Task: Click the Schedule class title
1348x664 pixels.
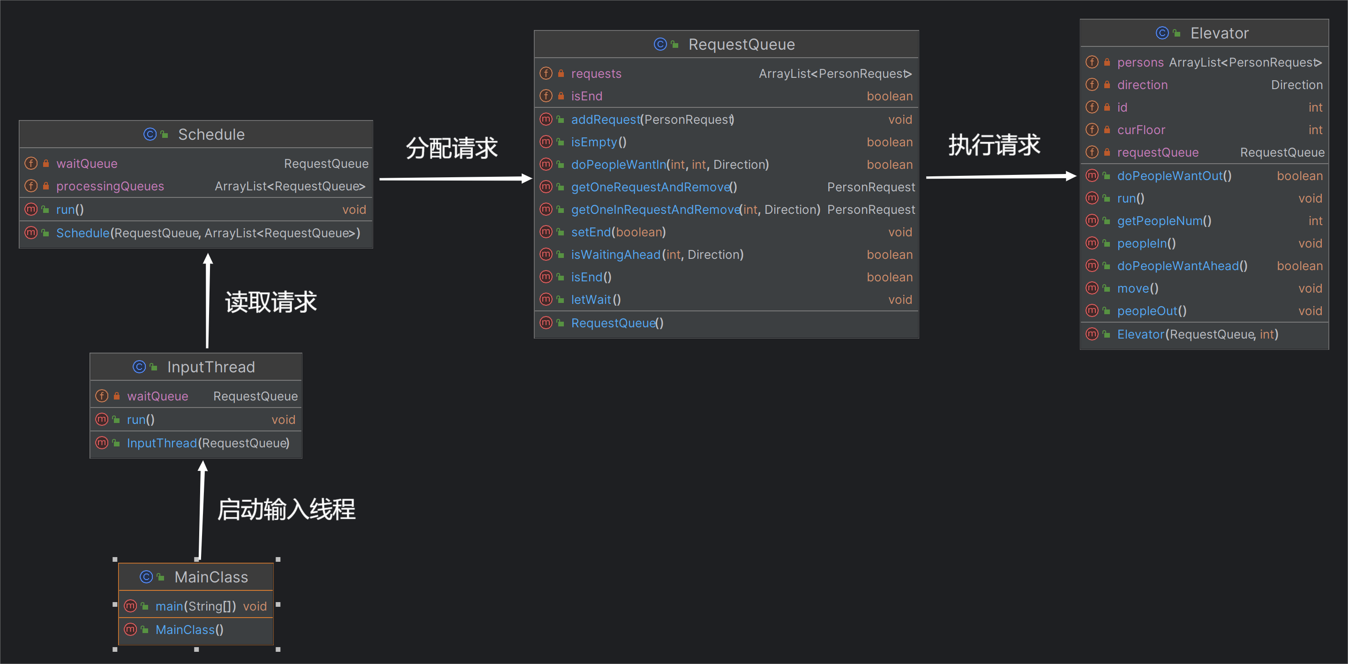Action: coord(211,135)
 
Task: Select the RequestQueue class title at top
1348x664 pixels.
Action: coord(741,45)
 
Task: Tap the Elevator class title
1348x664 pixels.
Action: coord(1219,33)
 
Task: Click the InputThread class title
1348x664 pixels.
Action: coord(211,367)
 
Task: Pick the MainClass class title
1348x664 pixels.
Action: coord(211,577)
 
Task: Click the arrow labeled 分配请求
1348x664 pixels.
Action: coord(456,179)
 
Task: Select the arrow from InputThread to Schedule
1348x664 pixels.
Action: coord(208,301)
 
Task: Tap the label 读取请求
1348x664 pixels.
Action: coord(271,302)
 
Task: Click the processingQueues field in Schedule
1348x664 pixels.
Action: coord(110,187)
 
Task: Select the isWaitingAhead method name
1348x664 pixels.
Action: coord(616,255)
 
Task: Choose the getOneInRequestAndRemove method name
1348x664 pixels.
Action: coord(656,210)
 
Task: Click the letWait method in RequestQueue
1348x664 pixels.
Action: coord(596,300)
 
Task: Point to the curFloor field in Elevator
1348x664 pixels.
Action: coord(1141,130)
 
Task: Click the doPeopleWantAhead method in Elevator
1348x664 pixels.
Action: coord(1182,266)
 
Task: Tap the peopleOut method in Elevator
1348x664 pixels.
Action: coord(1152,311)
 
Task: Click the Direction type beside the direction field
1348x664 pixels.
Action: coord(1297,85)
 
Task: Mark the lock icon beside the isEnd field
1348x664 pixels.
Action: coord(561,96)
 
